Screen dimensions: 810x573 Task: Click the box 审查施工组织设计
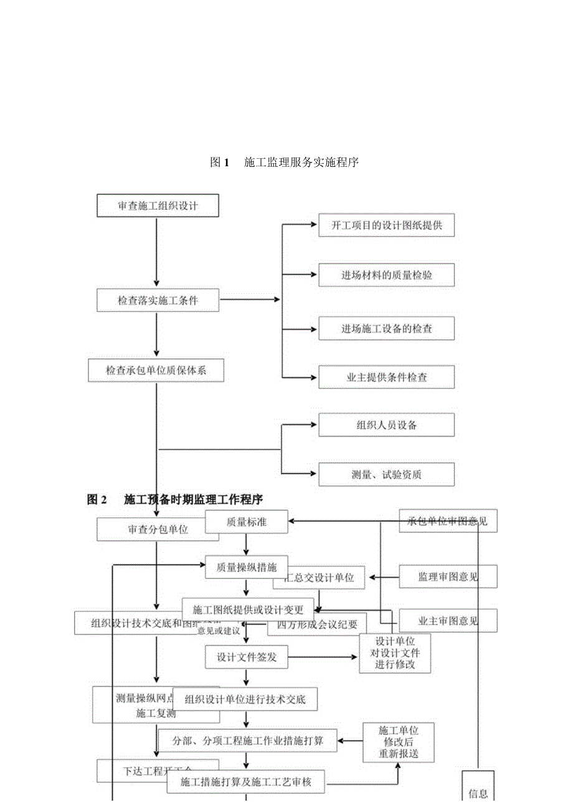point(158,205)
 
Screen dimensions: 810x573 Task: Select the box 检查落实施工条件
point(158,300)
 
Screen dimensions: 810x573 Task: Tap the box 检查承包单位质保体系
point(156,371)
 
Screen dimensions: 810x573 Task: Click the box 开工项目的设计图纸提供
point(386,225)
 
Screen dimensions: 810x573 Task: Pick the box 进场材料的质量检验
point(386,275)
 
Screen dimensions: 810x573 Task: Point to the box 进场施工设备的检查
point(386,328)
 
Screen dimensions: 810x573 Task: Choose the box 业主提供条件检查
point(386,377)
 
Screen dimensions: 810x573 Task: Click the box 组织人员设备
point(386,425)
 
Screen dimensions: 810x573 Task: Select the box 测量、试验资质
point(386,474)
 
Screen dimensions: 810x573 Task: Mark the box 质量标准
point(247,522)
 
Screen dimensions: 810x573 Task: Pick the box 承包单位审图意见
point(448,521)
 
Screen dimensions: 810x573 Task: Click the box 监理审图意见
point(448,577)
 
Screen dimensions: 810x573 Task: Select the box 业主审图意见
point(448,621)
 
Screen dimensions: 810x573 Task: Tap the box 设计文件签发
point(247,657)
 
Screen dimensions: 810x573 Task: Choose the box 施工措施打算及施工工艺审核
point(246,782)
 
